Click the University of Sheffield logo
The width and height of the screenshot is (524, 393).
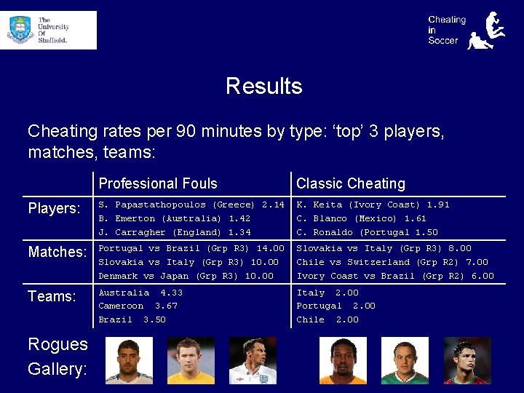pyautogui.click(x=48, y=30)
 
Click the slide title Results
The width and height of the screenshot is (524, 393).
pyautogui.click(x=263, y=86)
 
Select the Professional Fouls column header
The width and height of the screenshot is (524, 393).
pyautogui.click(x=158, y=183)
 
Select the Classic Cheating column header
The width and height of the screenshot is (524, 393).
pyautogui.click(x=350, y=183)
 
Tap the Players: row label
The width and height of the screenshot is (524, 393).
pyautogui.click(x=54, y=209)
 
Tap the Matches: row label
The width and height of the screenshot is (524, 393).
pyautogui.click(x=57, y=252)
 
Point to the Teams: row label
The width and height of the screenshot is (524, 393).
pyautogui.click(x=52, y=296)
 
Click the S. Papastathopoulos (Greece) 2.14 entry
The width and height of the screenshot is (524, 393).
pyautogui.click(x=191, y=205)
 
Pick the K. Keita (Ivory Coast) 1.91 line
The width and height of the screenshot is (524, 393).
pyautogui.click(x=373, y=205)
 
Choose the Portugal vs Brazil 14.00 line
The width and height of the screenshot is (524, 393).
pyautogui.click(x=191, y=248)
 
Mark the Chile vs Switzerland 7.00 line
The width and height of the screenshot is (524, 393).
pyautogui.click(x=392, y=262)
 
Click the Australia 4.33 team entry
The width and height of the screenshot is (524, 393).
pyautogui.click(x=140, y=293)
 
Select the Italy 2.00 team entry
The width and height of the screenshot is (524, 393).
pyautogui.click(x=327, y=293)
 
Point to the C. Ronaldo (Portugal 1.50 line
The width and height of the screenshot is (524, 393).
pyautogui.click(x=367, y=233)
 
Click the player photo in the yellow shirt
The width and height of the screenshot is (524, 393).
pyautogui.click(x=191, y=360)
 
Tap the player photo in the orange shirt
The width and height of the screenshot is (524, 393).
pyautogui.click(x=344, y=360)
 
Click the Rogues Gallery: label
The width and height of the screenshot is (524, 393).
pyautogui.click(x=57, y=357)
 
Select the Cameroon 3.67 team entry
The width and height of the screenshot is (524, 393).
pyautogui.click(x=138, y=306)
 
